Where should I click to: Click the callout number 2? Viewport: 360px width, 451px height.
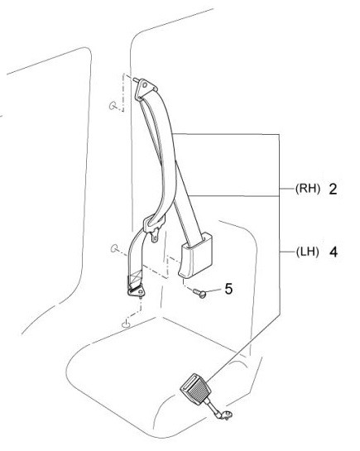click(333, 189)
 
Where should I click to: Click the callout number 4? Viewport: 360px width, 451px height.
click(334, 252)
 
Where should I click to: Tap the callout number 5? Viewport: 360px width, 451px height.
click(228, 289)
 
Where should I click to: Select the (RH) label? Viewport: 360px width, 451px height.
click(308, 189)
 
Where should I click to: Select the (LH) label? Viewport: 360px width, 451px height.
click(307, 252)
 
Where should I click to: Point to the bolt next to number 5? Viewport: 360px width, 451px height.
click(200, 293)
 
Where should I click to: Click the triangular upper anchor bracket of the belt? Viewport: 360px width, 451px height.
click(145, 89)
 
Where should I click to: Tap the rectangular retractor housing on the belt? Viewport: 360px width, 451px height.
click(196, 256)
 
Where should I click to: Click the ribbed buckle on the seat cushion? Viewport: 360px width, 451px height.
click(195, 389)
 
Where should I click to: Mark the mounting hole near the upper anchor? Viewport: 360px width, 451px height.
click(113, 106)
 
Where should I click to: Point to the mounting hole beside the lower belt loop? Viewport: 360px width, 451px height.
click(114, 248)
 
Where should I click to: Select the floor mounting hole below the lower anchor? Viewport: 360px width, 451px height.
click(126, 324)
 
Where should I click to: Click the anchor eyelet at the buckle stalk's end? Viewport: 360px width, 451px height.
click(227, 415)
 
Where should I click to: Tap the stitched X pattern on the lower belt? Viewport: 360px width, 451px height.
click(136, 277)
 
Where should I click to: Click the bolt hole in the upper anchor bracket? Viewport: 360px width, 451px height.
click(145, 85)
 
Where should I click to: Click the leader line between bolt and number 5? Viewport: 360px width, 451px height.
click(214, 290)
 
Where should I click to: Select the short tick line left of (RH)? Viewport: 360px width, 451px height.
click(287, 189)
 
